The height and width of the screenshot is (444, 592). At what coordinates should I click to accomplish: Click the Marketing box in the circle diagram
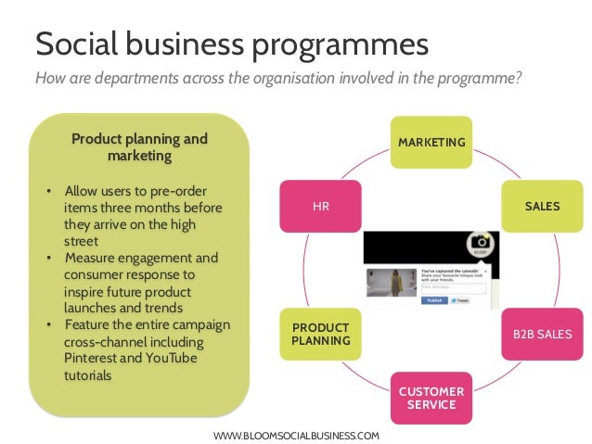click(x=431, y=142)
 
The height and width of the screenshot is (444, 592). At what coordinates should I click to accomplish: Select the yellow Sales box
click(x=542, y=206)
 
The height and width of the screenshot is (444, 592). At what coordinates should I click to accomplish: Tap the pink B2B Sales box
click(x=542, y=333)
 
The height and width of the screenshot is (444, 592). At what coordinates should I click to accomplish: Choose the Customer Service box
click(x=431, y=398)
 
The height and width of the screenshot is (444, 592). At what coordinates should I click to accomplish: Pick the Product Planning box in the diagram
click(x=321, y=333)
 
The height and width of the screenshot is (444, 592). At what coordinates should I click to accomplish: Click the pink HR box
click(x=321, y=206)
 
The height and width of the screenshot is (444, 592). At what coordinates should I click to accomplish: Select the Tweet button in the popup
click(x=461, y=301)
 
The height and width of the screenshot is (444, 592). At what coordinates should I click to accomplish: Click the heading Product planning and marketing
click(x=139, y=147)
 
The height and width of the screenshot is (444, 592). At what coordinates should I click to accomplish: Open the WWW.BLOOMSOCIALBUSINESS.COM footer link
click(x=296, y=435)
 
